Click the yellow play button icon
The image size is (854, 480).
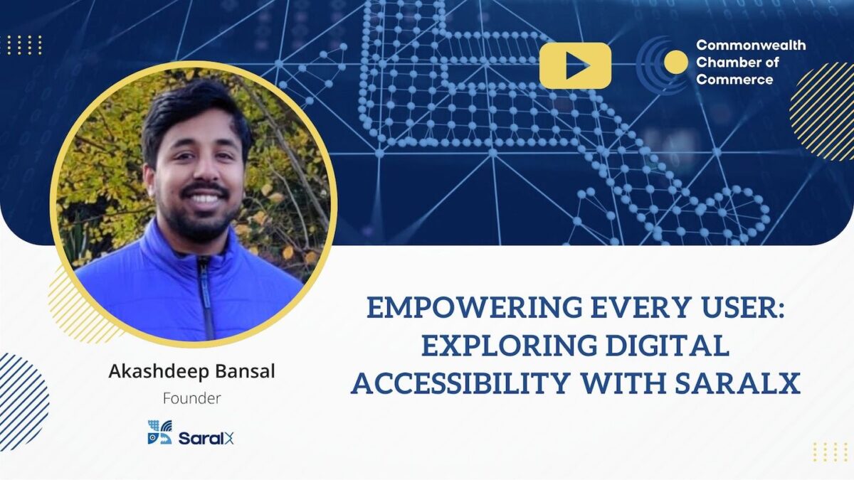[x=575, y=65]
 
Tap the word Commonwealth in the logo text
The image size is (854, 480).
[x=751, y=46]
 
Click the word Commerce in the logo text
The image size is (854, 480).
[x=734, y=80]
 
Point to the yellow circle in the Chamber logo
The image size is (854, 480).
[x=675, y=63]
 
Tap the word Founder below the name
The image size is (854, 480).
[x=191, y=398]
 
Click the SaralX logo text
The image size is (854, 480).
[x=206, y=438]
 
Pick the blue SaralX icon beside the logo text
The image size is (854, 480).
[x=159, y=432]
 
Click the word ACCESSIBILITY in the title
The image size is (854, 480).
[x=458, y=383]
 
